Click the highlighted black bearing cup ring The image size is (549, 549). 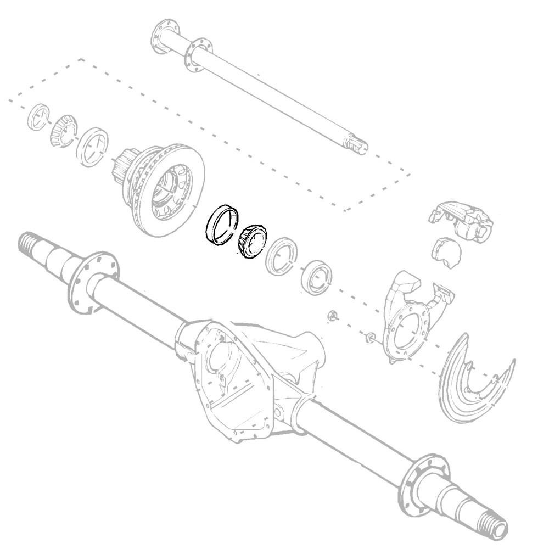[221, 226]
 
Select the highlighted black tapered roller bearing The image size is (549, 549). [252, 241]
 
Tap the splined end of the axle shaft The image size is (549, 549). [356, 145]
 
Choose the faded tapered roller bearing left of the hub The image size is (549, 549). [61, 132]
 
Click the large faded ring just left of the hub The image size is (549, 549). [92, 147]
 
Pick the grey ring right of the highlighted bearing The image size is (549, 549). [282, 256]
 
